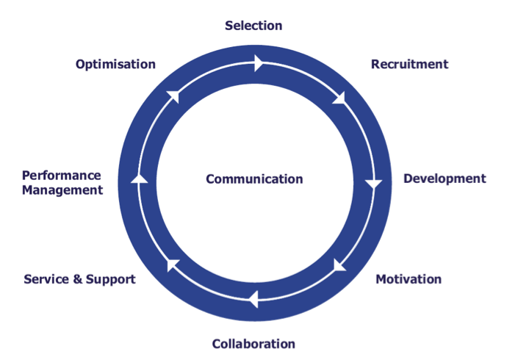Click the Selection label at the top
click(253, 26)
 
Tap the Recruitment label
click(409, 64)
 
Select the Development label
click(445, 179)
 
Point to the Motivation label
click(409, 279)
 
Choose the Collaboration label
click(253, 344)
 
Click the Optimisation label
click(115, 64)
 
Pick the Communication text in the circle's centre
click(254, 179)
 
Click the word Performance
click(61, 176)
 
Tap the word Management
click(62, 190)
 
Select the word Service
click(48, 279)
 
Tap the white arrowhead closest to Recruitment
click(339, 98)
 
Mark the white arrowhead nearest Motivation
click(339, 265)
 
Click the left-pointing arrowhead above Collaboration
click(253, 299)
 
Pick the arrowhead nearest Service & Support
click(172, 264)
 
